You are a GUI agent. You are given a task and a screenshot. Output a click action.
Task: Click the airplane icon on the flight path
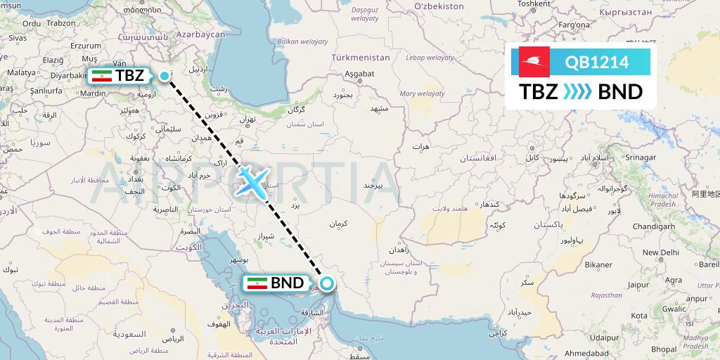[x=251, y=181]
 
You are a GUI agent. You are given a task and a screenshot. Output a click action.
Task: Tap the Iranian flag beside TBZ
[x=103, y=76]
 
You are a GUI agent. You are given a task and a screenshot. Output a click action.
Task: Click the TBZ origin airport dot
[x=165, y=76]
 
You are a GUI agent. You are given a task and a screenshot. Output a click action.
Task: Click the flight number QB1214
[x=597, y=63]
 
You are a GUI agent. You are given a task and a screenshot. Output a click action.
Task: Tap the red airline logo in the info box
[x=535, y=63]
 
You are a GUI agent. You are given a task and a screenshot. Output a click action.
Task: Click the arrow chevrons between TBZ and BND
[x=578, y=92]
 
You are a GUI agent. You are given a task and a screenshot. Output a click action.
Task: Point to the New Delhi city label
[x=660, y=252]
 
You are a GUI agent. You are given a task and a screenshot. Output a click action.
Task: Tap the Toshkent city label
[x=534, y=4]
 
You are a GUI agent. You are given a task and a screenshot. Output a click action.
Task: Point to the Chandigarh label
[x=653, y=227]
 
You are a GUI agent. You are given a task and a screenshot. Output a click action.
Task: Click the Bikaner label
[x=599, y=265]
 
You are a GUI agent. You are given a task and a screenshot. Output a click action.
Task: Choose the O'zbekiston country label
[x=439, y=6]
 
